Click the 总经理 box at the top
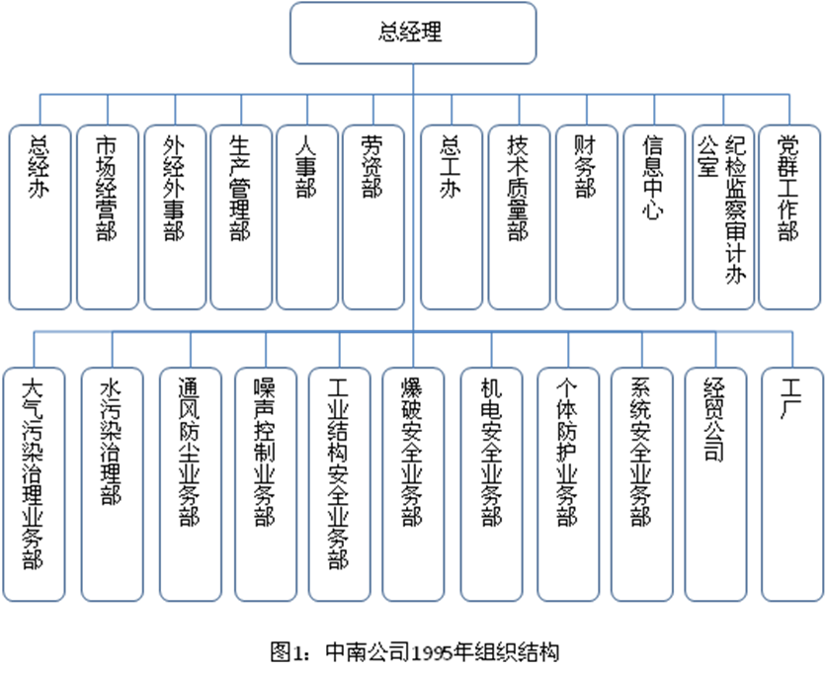[413, 33]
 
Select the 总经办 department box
[41, 217]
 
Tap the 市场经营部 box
[108, 217]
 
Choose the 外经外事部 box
[175, 217]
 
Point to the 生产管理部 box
[241, 217]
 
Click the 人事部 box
[307, 217]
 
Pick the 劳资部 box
[373, 217]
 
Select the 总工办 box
[452, 217]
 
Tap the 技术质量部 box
[519, 217]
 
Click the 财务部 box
[586, 217]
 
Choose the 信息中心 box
[654, 217]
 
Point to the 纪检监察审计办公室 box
[723, 217]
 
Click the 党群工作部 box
[789, 217]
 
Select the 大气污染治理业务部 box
[34, 484]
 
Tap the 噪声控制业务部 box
[266, 484]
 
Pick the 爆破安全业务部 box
[413, 484]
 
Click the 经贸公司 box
[716, 484]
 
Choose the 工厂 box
[792, 484]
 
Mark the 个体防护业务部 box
[568, 484]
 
